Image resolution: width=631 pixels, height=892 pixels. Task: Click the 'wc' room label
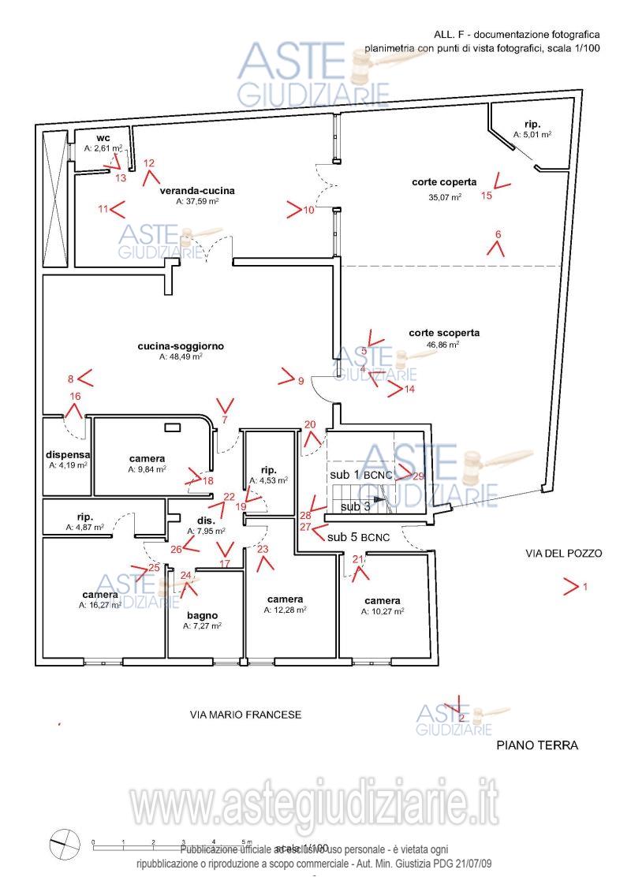pos(103,138)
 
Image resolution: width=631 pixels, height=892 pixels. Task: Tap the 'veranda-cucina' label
pos(197,191)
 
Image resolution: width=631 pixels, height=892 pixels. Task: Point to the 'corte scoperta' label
pos(444,333)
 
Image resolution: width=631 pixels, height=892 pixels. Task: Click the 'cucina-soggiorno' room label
pos(181,346)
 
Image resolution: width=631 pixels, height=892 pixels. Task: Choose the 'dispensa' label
pos(68,455)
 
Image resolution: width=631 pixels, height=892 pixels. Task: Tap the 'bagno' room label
pos(202,615)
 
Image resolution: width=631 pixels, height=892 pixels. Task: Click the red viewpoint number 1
pos(585,587)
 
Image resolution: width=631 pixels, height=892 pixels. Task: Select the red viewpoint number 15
pos(487,196)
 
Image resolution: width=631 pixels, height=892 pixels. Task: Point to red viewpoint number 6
pos(498,234)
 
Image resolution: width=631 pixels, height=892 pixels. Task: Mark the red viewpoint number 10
pos(308,211)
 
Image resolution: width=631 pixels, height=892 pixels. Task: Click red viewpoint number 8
pos(70,379)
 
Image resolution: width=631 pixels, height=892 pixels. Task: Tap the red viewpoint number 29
pos(418,476)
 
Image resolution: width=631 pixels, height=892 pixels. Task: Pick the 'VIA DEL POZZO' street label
pos(563,554)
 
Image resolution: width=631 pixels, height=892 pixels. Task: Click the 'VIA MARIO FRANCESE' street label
pos(245,715)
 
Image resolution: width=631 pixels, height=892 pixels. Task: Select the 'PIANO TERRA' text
pos(537,745)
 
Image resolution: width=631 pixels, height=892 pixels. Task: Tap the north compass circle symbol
pos(65,845)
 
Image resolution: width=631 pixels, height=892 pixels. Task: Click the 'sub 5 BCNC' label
pos(359,537)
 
